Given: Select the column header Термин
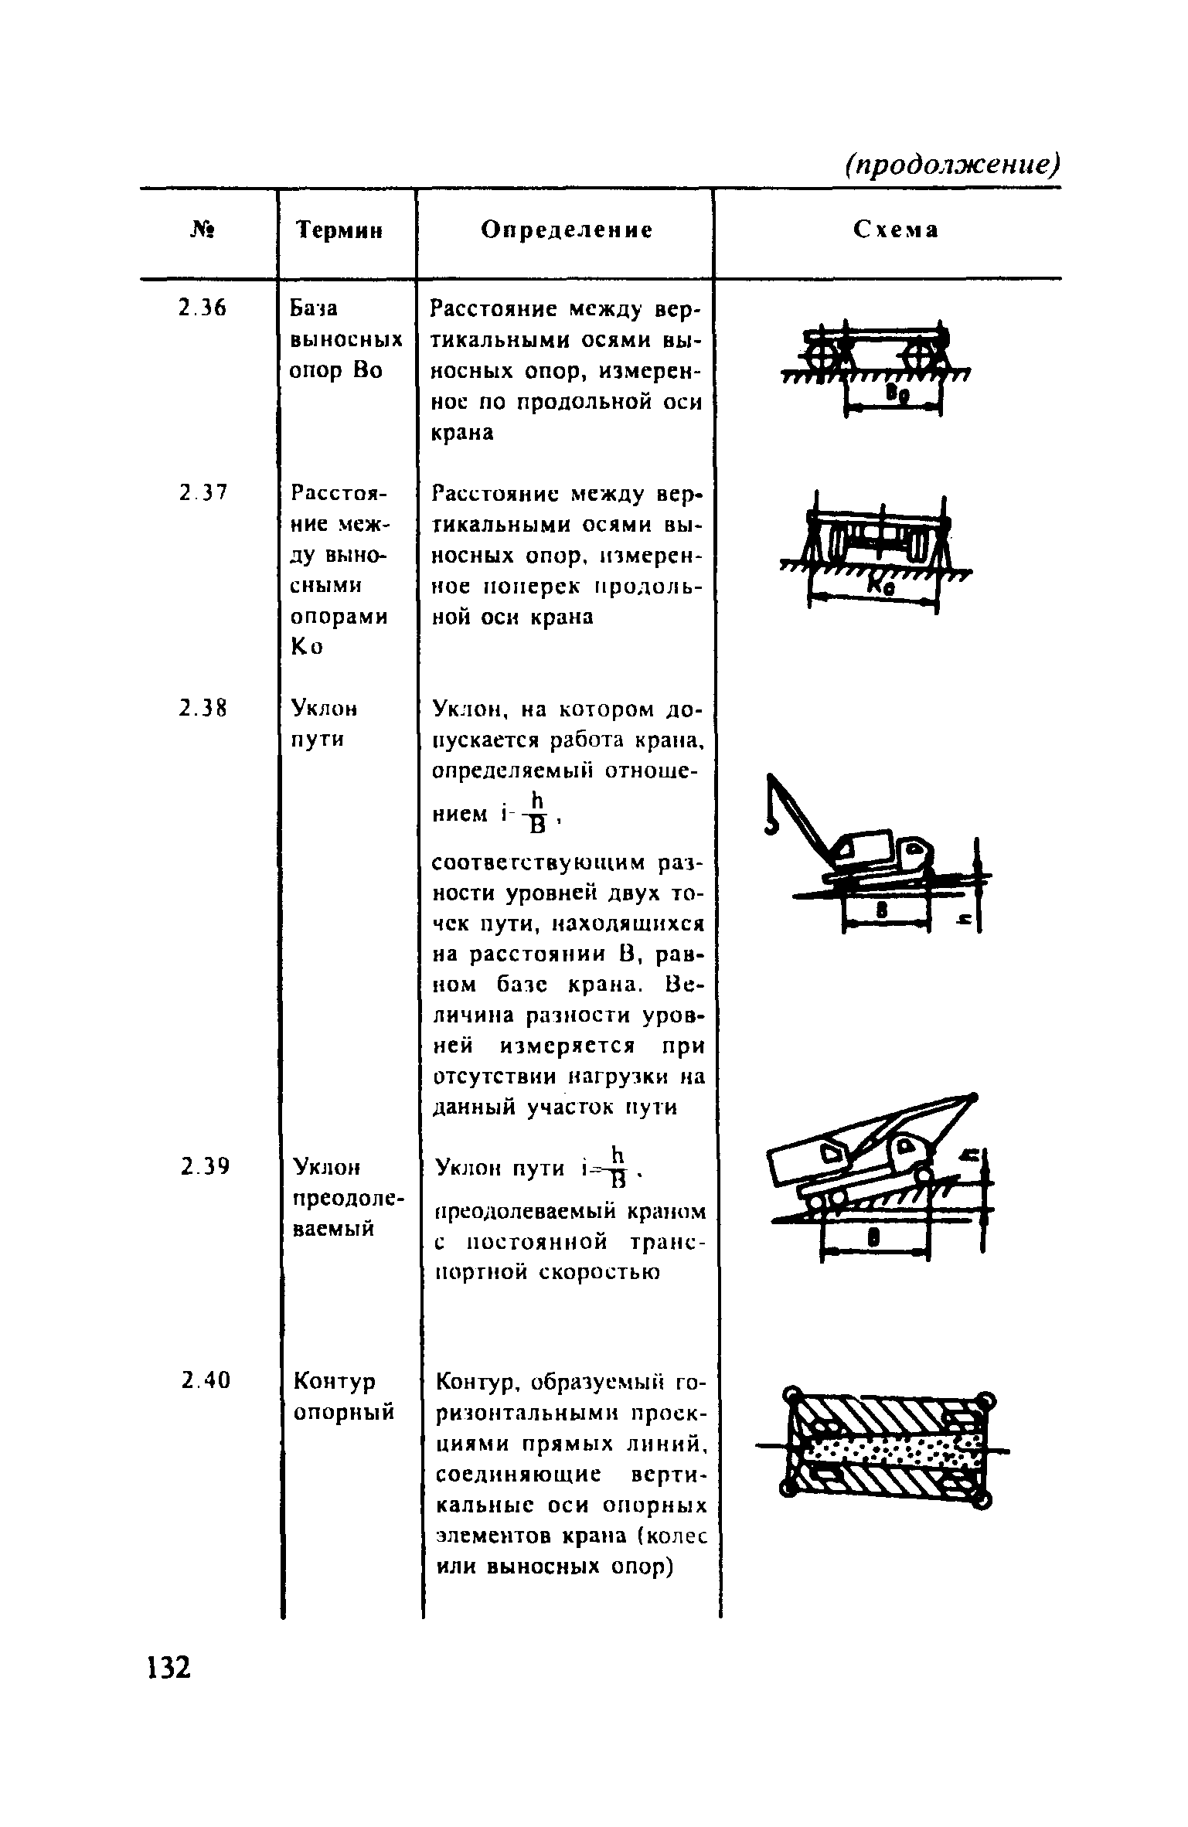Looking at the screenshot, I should click(x=341, y=230).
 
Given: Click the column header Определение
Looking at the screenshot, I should click(x=567, y=230).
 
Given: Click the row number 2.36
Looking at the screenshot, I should click(x=202, y=309).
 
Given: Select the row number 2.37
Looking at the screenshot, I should click(x=202, y=492).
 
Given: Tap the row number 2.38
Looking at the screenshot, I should click(x=202, y=708).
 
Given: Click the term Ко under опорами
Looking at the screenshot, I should click(x=306, y=647).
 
